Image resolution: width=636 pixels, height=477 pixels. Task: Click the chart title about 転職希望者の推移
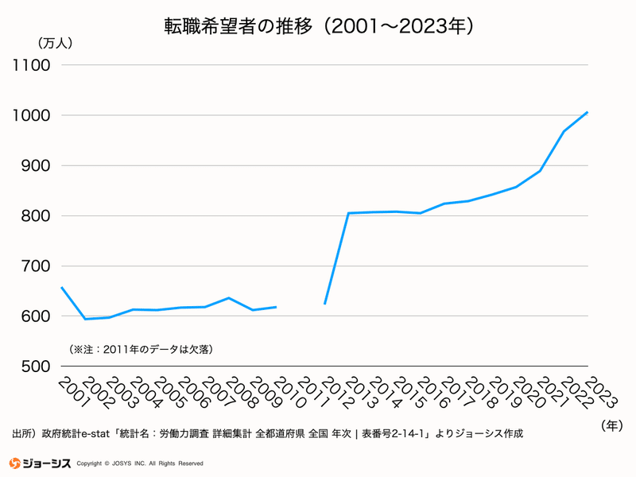[318, 25]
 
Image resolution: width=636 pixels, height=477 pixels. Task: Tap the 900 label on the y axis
[34, 165]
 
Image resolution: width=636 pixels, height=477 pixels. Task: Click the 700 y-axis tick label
[34, 266]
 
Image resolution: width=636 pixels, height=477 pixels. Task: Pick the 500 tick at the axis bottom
[34, 366]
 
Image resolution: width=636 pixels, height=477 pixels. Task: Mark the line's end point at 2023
[587, 112]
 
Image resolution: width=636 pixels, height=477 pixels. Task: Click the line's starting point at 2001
[61, 287]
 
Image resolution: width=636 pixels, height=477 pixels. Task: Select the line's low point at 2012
[324, 304]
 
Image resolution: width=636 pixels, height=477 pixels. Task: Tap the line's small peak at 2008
[229, 298]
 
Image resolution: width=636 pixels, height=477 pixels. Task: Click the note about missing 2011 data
[142, 348]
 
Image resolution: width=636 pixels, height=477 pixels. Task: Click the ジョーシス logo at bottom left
[41, 463]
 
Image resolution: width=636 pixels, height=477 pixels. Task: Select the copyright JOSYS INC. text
[145, 463]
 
